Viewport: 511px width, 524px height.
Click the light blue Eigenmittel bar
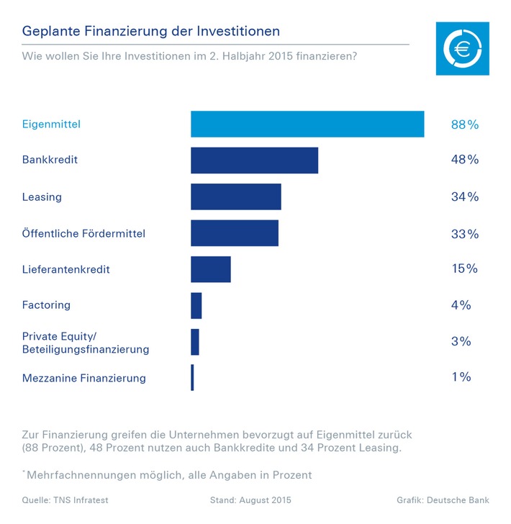point(307,124)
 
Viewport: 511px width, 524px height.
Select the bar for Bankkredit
point(254,160)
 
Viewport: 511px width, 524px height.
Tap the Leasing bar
point(235,196)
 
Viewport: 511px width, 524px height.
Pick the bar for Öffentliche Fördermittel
point(234,233)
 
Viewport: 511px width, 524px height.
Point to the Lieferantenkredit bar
point(210,269)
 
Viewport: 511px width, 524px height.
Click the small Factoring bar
point(196,305)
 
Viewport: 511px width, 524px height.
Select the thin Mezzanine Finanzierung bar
point(192,377)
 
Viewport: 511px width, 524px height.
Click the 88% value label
point(464,125)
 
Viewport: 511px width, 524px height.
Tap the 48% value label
point(464,160)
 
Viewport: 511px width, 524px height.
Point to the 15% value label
point(464,268)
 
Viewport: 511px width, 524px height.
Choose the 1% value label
point(461,376)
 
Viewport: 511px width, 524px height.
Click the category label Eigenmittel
point(51,125)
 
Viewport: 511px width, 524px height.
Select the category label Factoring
point(46,305)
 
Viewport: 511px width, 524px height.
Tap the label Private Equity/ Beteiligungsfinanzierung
point(85,343)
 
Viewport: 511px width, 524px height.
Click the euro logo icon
point(462,48)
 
